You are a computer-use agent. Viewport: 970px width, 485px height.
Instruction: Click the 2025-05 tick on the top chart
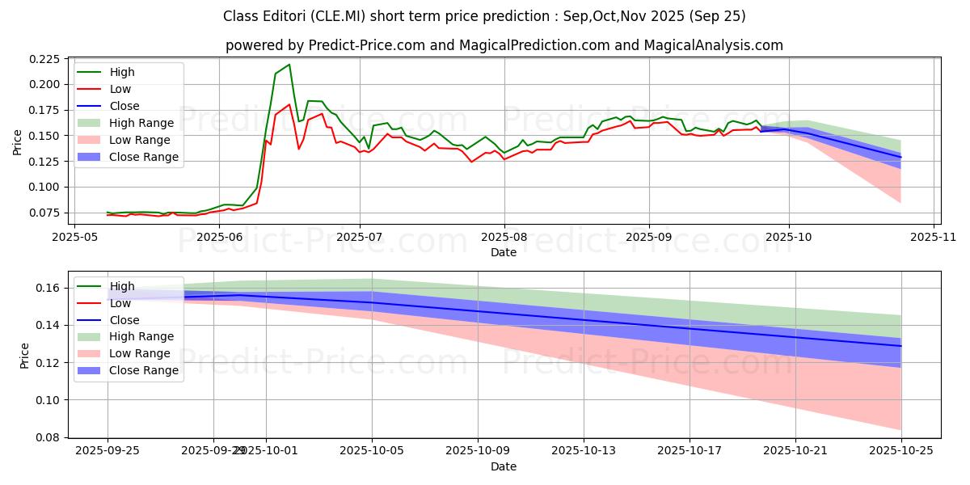(74, 238)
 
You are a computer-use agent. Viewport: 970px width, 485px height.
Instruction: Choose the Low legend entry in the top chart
(120, 89)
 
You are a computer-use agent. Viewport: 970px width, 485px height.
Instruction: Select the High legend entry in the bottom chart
(122, 286)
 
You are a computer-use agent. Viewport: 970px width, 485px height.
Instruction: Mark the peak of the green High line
(289, 65)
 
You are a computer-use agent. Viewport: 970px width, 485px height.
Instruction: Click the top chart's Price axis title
(17, 141)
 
